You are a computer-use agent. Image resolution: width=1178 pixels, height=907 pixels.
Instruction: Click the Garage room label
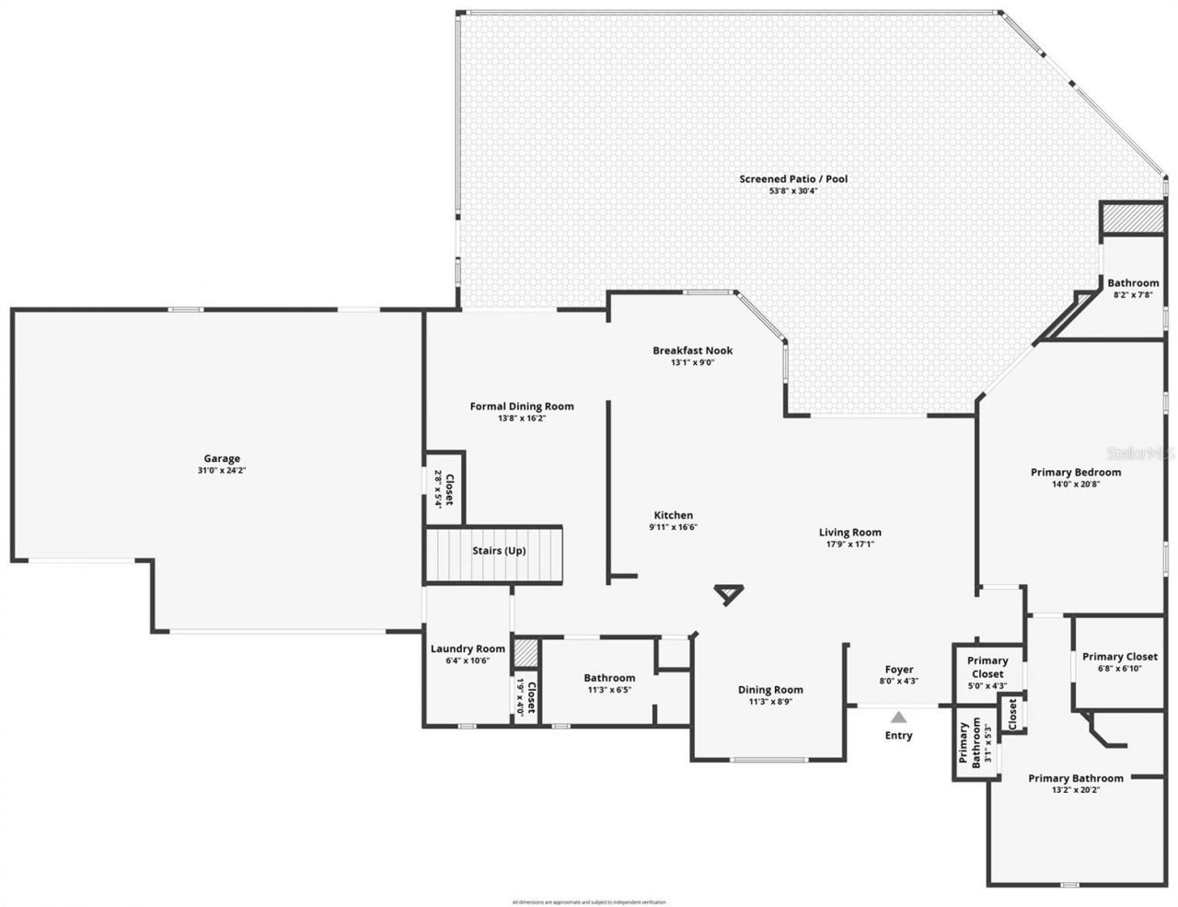[222, 458]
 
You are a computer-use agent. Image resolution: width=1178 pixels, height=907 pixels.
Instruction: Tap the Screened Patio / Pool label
[792, 178]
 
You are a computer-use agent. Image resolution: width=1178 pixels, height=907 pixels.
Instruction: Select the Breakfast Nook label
[692, 350]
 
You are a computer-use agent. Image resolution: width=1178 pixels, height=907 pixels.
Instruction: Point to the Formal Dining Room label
[522, 406]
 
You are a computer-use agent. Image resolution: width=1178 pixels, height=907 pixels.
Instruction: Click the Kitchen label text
[674, 515]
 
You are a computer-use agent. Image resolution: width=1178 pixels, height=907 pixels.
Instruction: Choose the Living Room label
[849, 532]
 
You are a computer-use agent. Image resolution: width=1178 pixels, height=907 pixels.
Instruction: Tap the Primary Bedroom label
[1075, 472]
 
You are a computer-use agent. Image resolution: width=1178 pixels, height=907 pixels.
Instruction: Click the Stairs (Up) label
[499, 550]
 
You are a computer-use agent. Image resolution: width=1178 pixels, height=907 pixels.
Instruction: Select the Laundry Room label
[468, 649]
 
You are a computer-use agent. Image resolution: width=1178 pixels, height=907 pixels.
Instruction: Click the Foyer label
[898, 670]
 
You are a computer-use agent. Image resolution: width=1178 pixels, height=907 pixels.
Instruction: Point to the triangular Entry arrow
[898, 717]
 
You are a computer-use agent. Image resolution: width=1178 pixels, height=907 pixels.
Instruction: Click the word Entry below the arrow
[898, 735]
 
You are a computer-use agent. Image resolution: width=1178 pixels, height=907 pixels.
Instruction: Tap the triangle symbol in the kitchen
[729, 594]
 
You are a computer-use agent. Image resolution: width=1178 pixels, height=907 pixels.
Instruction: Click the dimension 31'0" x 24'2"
[222, 470]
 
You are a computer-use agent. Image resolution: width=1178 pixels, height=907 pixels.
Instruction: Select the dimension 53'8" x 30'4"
[792, 190]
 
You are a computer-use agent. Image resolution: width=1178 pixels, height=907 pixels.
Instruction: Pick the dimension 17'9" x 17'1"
[849, 544]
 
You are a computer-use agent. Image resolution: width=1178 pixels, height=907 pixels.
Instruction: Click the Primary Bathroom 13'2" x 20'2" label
[1075, 783]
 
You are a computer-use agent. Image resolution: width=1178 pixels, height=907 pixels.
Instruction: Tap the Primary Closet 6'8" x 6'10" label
[1119, 661]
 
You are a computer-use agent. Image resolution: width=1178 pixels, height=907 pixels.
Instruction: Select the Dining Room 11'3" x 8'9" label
[770, 695]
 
